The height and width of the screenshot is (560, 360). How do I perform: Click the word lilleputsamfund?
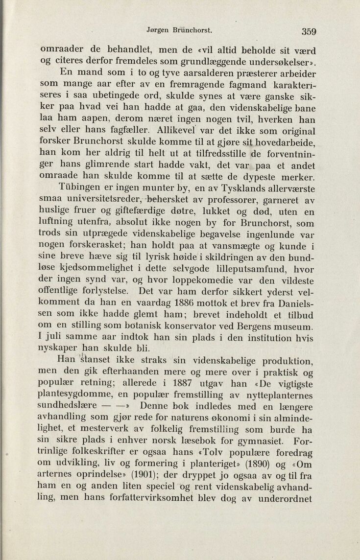coord(234,269)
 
